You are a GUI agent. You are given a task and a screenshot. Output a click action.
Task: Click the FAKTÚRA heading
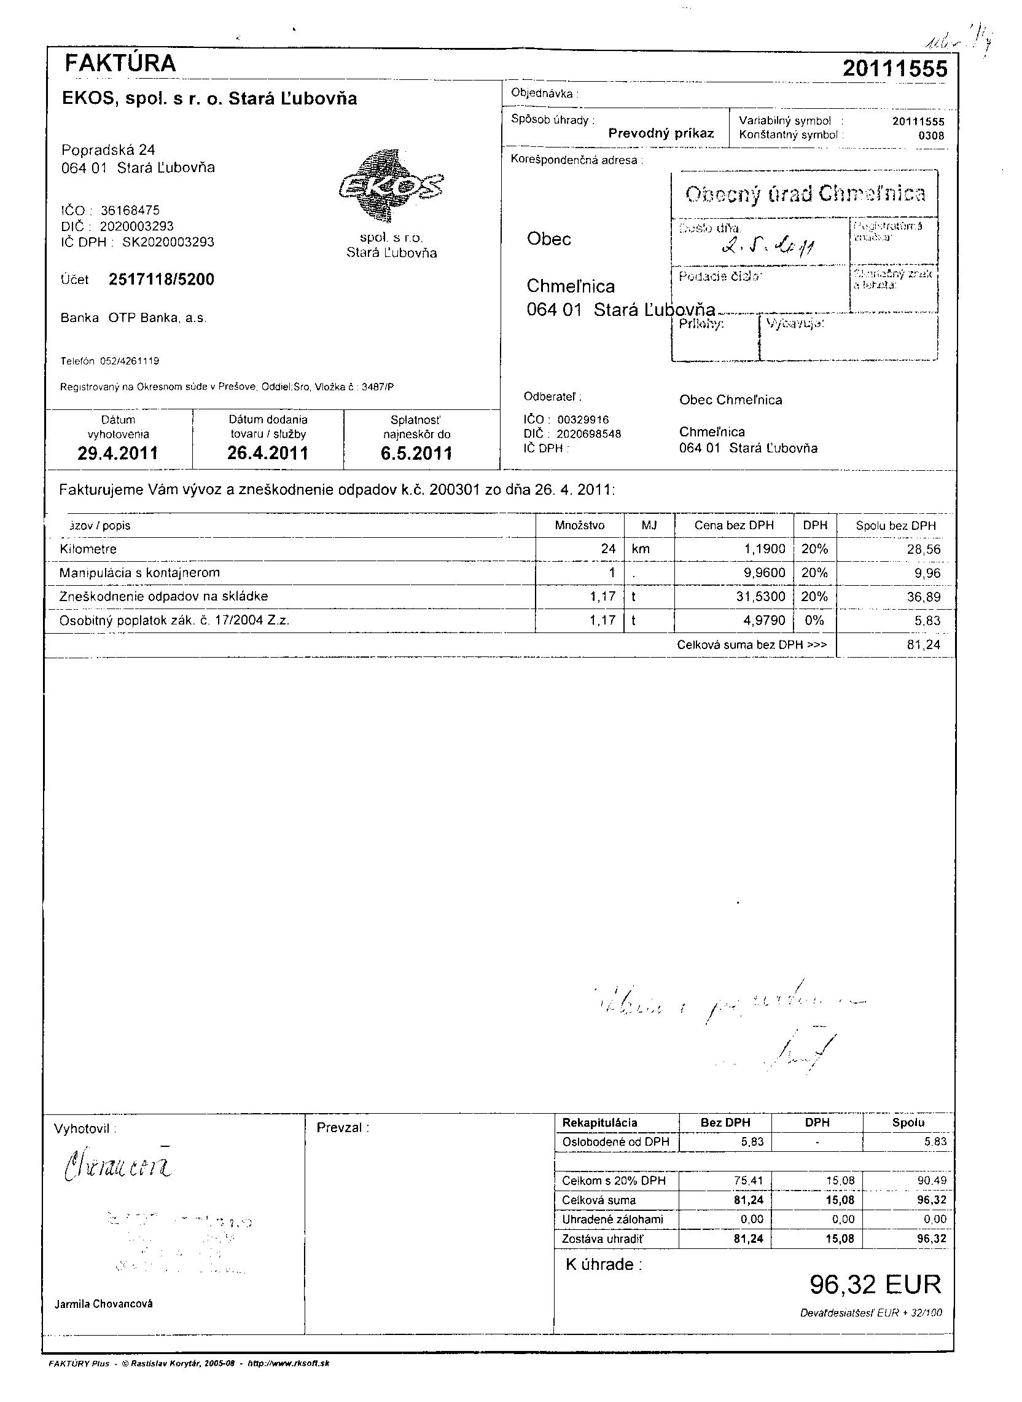coord(120,63)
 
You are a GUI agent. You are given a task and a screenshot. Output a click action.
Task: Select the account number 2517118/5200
coord(162,280)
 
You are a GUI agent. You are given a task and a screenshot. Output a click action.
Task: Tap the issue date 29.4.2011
coord(117,453)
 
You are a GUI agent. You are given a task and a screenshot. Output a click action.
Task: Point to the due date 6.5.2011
coord(416,453)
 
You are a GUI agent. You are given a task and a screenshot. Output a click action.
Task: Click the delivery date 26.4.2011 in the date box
coord(268,453)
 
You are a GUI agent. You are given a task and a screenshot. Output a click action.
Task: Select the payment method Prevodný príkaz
coord(661,133)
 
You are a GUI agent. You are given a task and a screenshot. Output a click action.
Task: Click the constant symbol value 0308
coord(931,136)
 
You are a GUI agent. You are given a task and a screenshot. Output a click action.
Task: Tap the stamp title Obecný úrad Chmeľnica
coord(805,194)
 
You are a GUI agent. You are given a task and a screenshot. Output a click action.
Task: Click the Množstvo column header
coord(580,526)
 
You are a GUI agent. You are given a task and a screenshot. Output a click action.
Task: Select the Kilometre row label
coord(88,549)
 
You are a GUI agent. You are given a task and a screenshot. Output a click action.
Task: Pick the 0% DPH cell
coord(814,620)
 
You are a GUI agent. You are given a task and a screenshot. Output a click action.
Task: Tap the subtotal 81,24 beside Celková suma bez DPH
coord(923,644)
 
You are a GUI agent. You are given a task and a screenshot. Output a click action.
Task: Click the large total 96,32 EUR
coord(875,1285)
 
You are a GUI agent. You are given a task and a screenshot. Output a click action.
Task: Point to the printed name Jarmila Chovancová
coord(103,1304)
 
